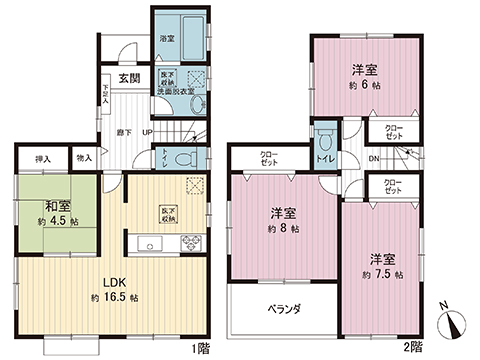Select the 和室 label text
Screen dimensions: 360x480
(55, 207)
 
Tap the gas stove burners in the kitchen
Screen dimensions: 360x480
(190, 243)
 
